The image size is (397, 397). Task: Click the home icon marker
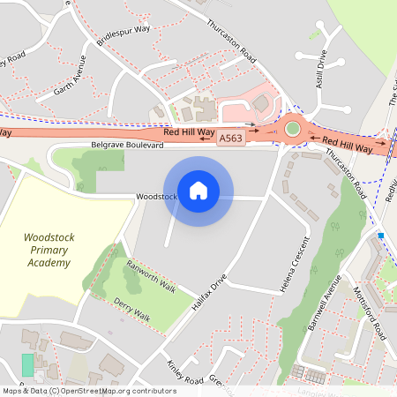click(x=198, y=190)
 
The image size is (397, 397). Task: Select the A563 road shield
click(x=230, y=139)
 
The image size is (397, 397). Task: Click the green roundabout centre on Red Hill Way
click(x=293, y=130)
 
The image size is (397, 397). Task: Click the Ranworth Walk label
click(x=152, y=276)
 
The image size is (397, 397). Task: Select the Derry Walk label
click(x=132, y=311)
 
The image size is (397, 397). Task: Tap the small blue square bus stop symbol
click(x=380, y=236)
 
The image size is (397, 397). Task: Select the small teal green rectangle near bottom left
click(x=27, y=364)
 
